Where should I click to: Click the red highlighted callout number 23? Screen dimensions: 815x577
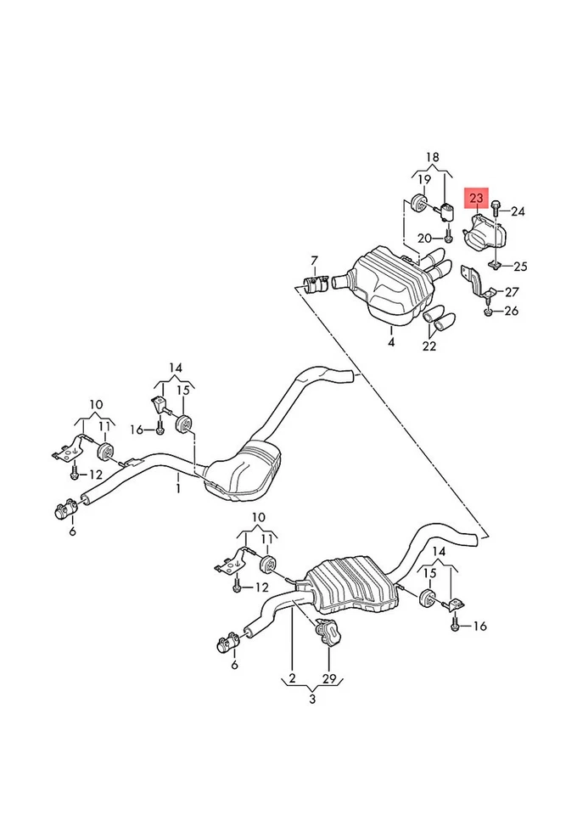477,199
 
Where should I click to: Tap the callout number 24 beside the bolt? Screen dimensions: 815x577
518,211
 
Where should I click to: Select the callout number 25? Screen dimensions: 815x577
519,266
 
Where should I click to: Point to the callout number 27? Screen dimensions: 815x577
512,292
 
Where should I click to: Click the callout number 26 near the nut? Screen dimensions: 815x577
511,312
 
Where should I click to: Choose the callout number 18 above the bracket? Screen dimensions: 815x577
433,158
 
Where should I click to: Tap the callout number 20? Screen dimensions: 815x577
424,238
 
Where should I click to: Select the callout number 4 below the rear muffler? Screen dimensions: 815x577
391,343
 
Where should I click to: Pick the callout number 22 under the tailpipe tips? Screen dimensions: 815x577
431,346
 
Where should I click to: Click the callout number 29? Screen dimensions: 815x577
328,680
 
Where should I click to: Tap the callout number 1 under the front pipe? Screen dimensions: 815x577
179,488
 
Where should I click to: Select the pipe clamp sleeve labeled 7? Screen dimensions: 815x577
315,284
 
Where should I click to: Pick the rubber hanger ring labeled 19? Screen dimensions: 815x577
418,205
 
